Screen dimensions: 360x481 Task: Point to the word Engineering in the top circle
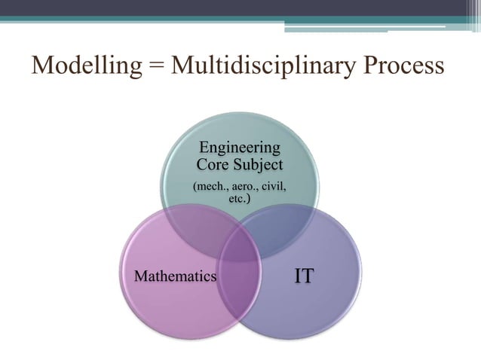pos(240,148)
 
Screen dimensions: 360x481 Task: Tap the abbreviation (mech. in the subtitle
pos(210,186)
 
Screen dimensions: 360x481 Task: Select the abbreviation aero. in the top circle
pos(245,186)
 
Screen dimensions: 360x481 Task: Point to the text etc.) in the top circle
pos(240,200)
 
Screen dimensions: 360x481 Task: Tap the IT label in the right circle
pos(304,276)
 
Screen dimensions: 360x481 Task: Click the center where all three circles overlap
pos(240,239)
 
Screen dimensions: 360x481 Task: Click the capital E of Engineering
pos(201,148)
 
